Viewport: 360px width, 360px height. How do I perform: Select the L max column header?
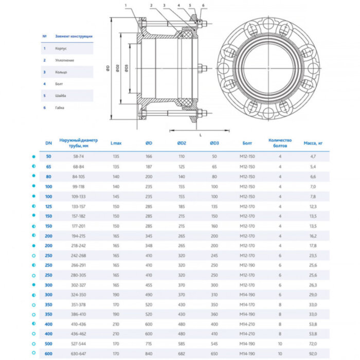click(116, 142)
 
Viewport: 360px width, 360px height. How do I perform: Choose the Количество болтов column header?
click(280, 142)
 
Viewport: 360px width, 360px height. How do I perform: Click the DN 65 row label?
click(49, 167)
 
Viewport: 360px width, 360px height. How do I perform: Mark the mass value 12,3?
click(313, 206)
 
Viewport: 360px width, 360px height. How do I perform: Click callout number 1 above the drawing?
click(124, 5)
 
